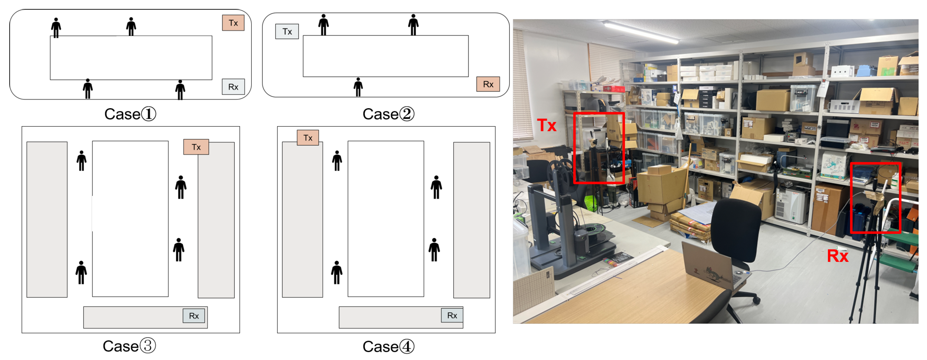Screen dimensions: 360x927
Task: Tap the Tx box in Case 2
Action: tap(287, 32)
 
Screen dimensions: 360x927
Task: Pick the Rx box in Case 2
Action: tap(488, 84)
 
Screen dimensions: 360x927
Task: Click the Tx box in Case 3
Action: tap(196, 147)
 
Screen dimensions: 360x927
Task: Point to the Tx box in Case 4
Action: tap(308, 138)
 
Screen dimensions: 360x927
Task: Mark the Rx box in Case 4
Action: tap(452, 315)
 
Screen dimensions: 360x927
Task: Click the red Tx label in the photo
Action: tap(546, 125)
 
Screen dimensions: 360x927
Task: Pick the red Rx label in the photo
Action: tap(837, 256)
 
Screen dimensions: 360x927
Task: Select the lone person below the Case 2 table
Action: tap(358, 87)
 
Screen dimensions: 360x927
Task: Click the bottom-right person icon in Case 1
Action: tap(180, 90)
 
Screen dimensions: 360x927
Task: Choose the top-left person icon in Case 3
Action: tap(82, 161)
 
